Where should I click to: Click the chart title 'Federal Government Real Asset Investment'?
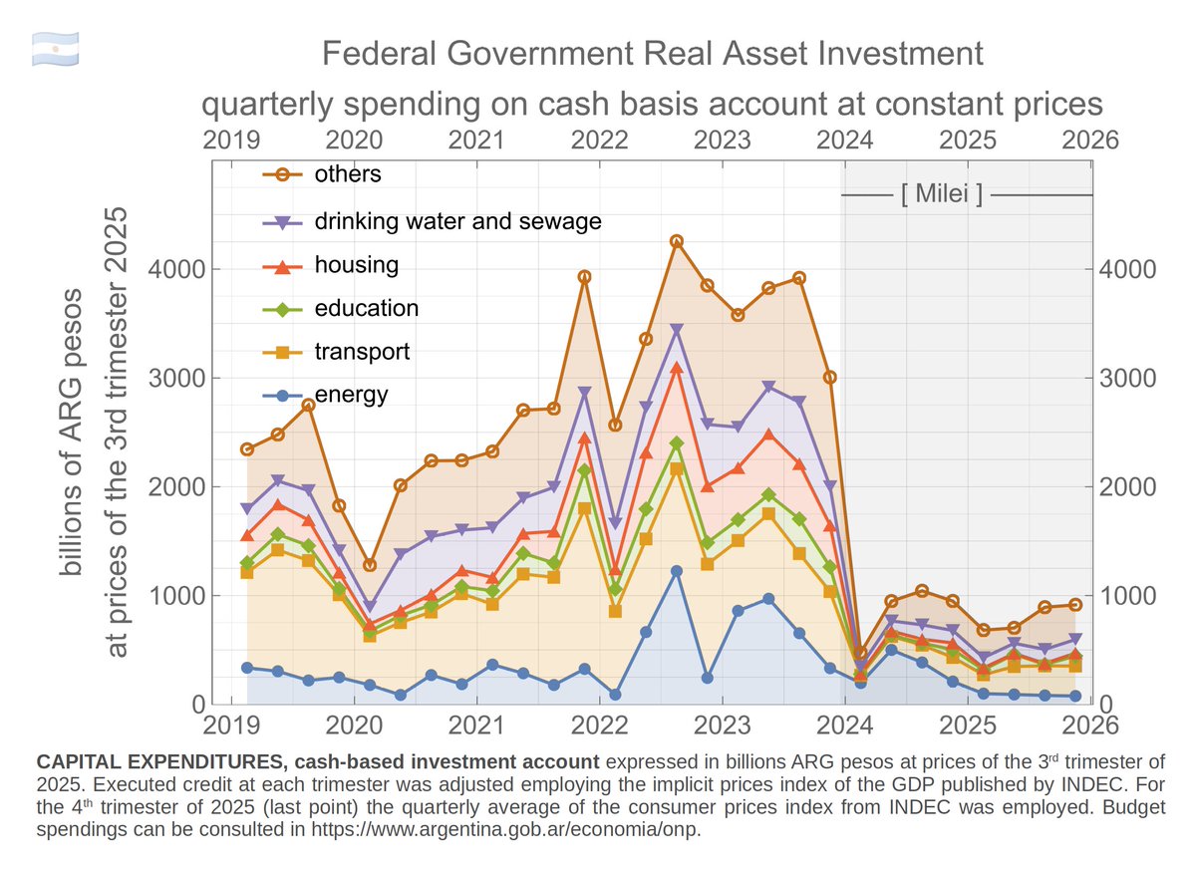click(652, 53)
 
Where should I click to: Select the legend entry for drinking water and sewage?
click(457, 221)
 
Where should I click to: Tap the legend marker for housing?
click(282, 266)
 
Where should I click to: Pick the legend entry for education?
click(366, 309)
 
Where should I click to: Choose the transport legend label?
click(362, 352)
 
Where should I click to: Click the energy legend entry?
click(351, 395)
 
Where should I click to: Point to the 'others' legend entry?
click(347, 174)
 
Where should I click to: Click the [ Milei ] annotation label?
click(941, 194)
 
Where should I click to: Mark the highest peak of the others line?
click(676, 241)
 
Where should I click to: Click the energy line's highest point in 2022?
click(676, 571)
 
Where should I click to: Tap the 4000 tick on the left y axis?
click(177, 269)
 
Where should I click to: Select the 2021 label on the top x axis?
click(475, 141)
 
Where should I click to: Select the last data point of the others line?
click(1074, 604)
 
